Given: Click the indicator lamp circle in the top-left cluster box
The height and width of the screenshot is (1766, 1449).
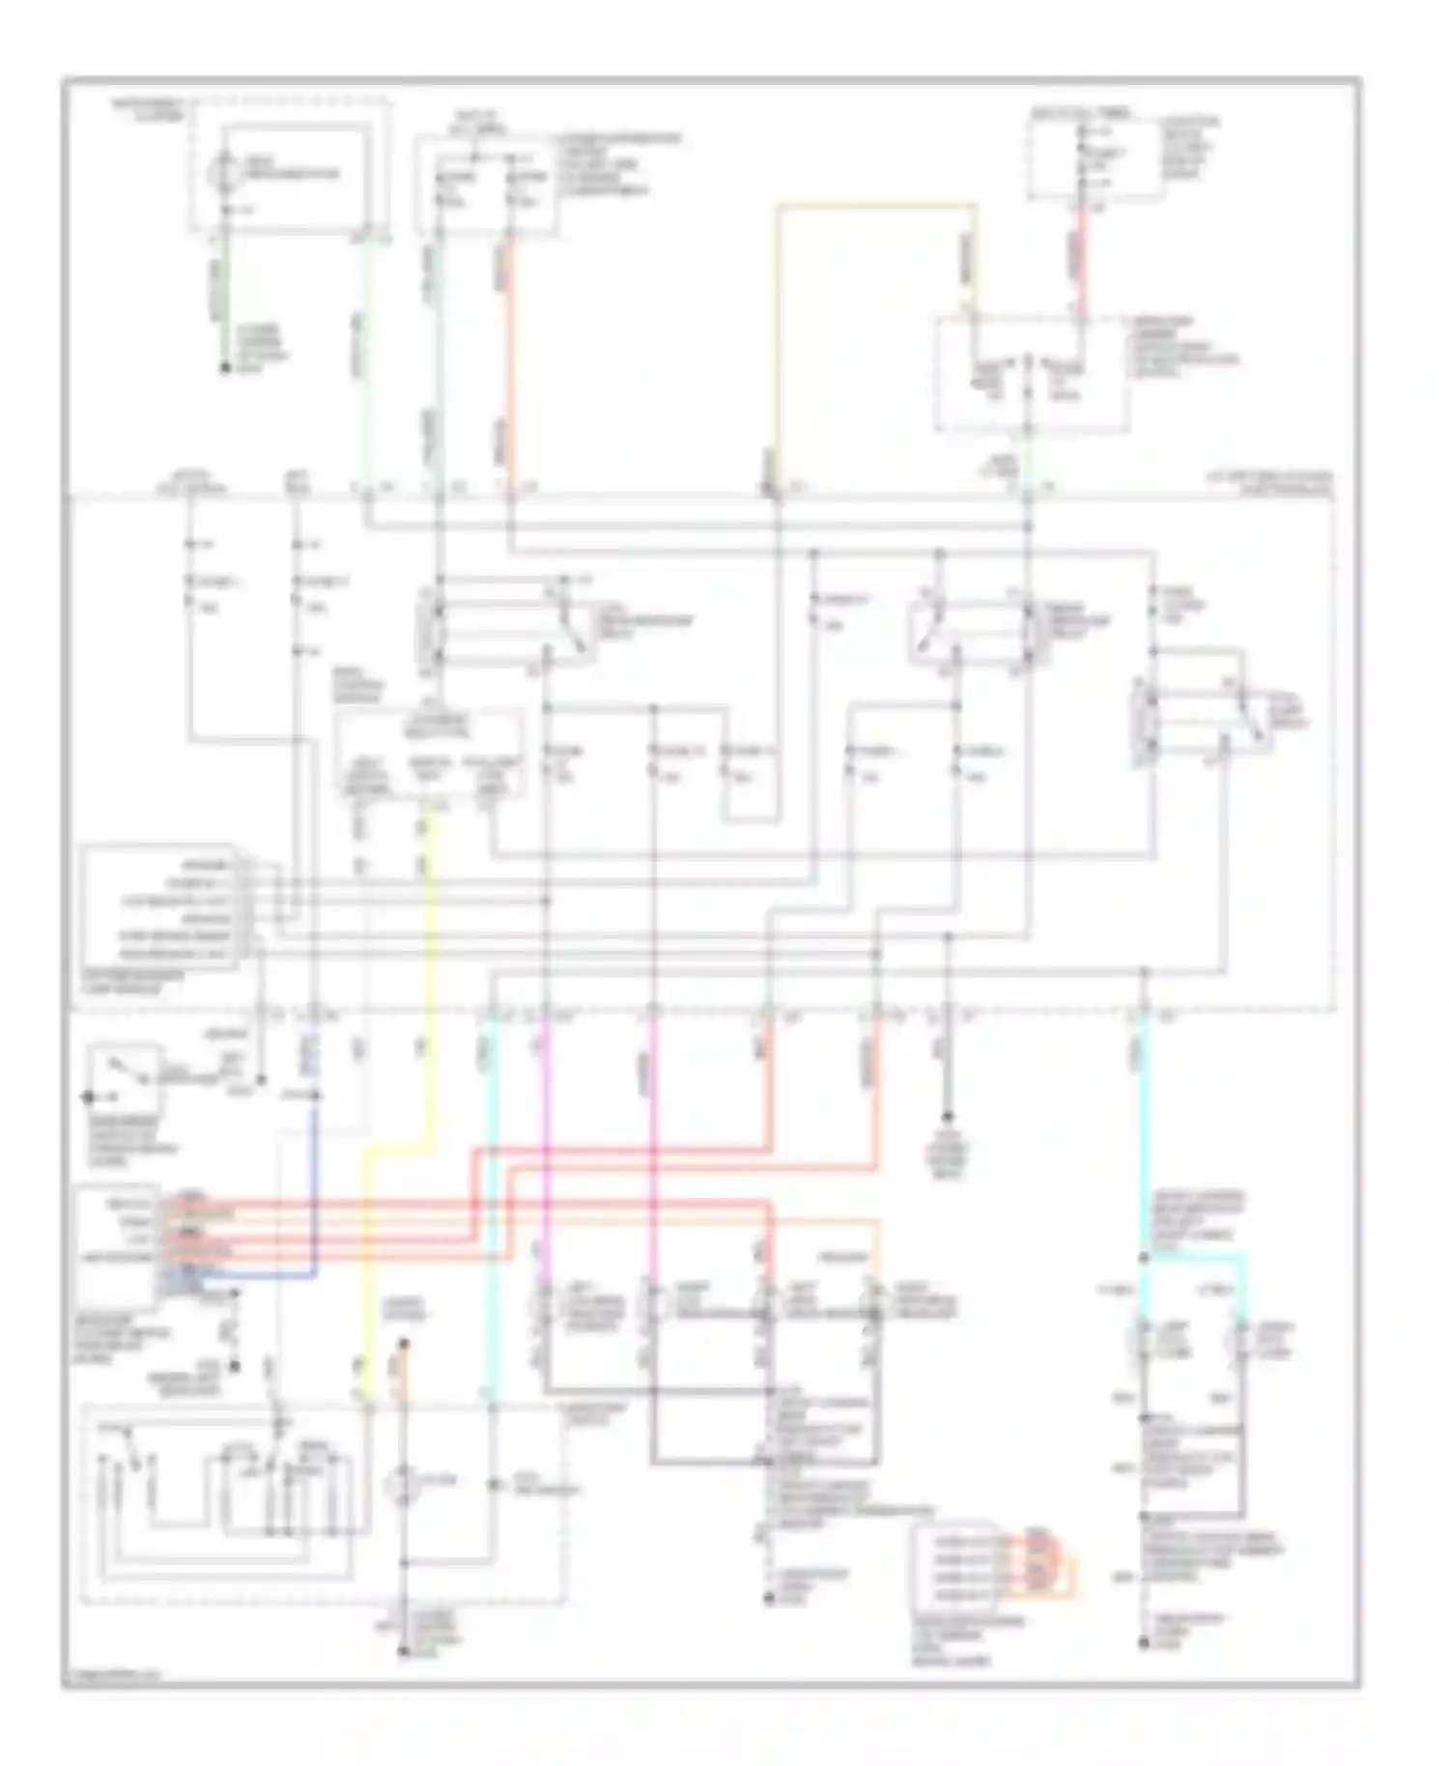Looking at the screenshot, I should [x=224, y=166].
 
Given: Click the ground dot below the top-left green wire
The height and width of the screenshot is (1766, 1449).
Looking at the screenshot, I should [x=225, y=368].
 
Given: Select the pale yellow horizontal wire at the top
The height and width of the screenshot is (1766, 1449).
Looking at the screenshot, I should [x=874, y=205].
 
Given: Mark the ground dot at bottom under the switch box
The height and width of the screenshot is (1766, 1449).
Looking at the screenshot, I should [x=404, y=1652].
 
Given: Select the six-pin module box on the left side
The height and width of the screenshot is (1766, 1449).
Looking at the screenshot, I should [x=159, y=908].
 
